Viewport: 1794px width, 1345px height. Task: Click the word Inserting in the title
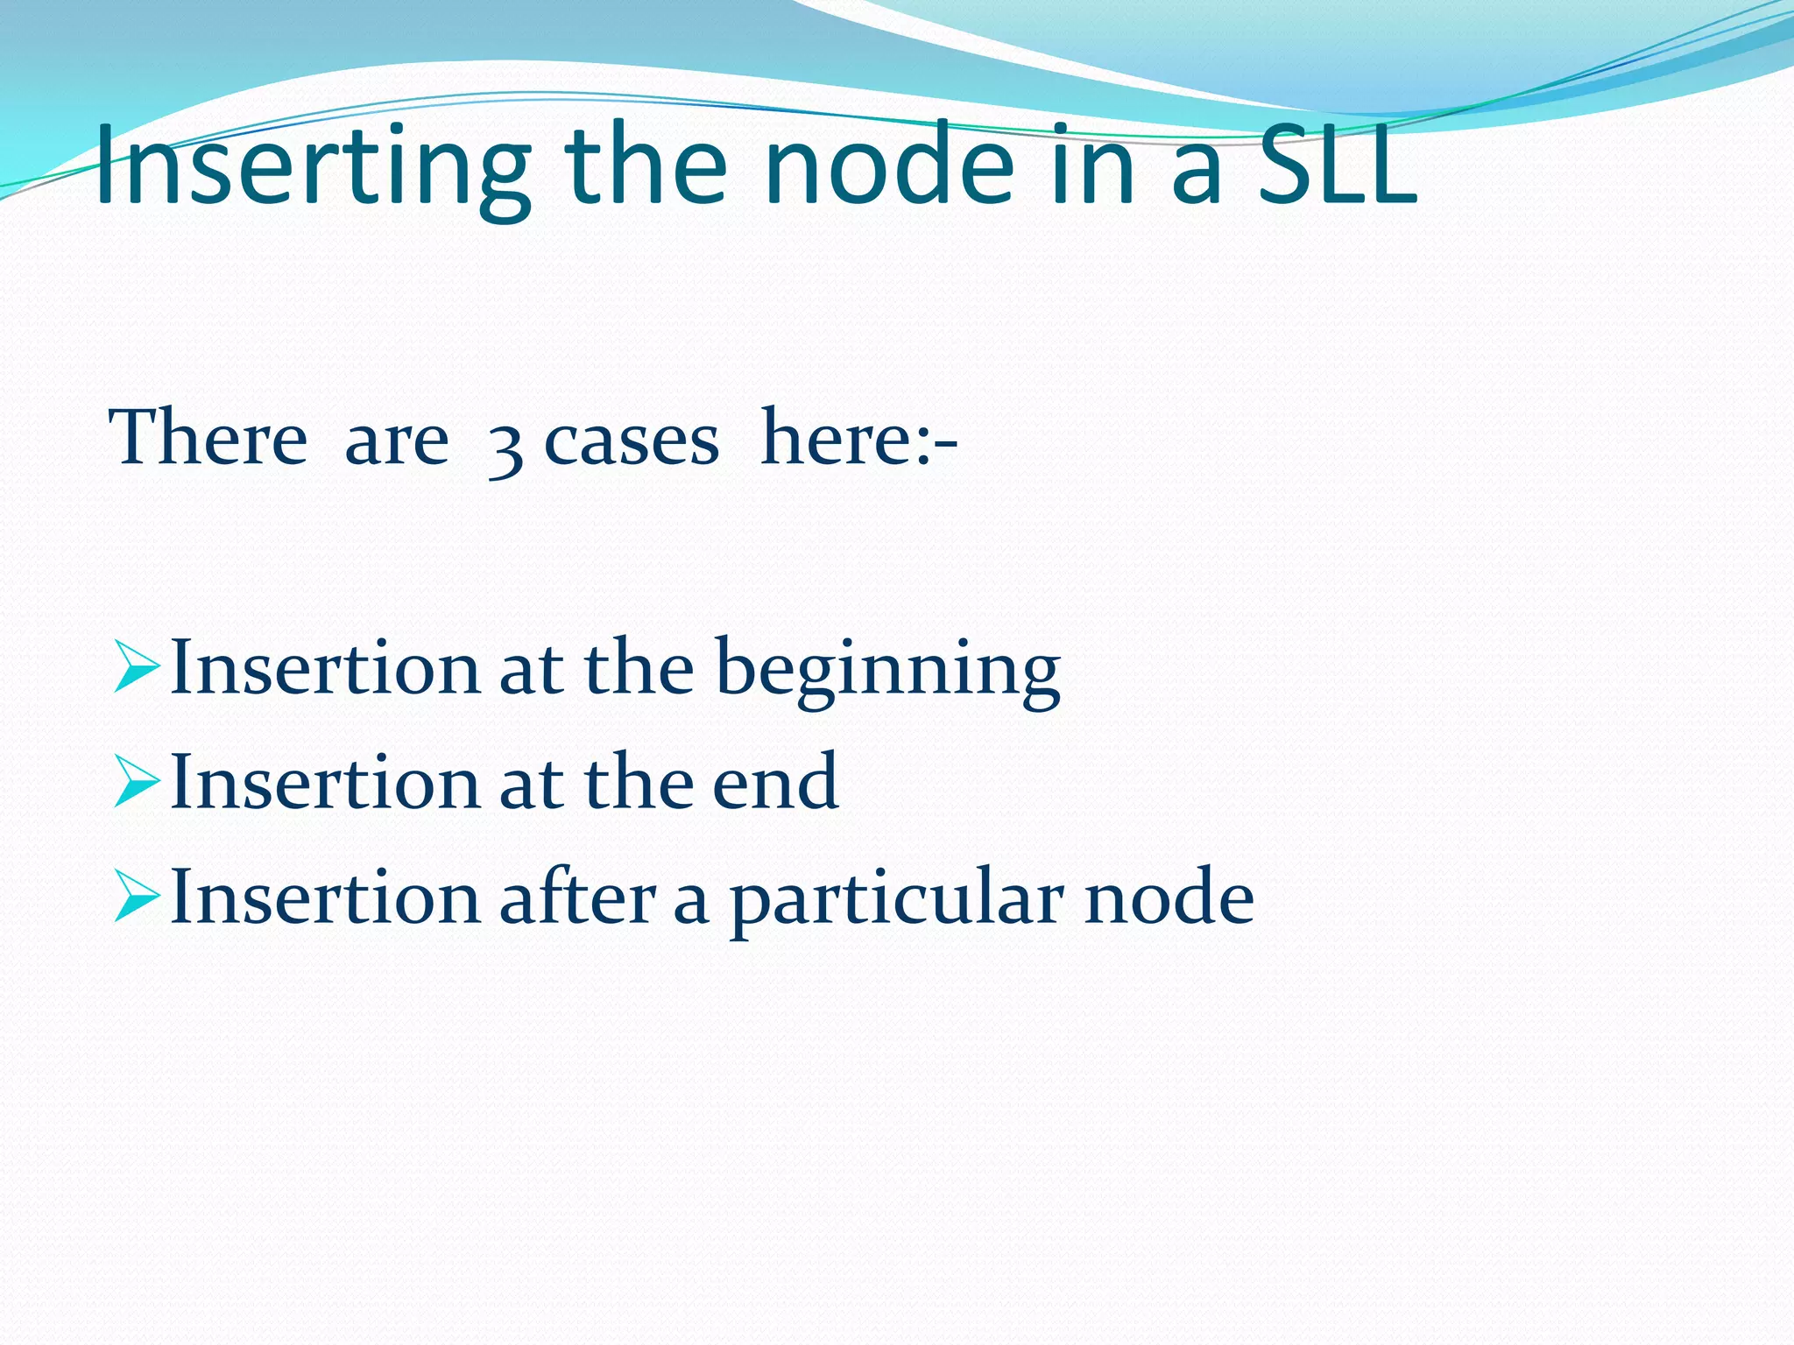312,166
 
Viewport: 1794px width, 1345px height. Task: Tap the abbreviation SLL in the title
1337,166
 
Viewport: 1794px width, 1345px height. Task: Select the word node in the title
888,166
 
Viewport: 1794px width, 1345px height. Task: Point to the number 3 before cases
505,447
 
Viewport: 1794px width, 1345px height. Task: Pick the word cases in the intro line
632,440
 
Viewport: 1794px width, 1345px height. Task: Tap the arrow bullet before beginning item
137,670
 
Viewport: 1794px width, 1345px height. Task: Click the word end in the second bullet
774,782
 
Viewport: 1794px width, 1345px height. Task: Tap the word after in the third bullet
577,898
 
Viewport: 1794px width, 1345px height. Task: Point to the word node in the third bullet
1169,898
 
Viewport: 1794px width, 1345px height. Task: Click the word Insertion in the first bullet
325,669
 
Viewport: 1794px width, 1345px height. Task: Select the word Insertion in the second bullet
325,783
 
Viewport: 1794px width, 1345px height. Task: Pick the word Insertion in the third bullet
325,898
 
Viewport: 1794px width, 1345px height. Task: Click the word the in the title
646,166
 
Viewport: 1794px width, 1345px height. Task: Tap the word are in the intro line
396,440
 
